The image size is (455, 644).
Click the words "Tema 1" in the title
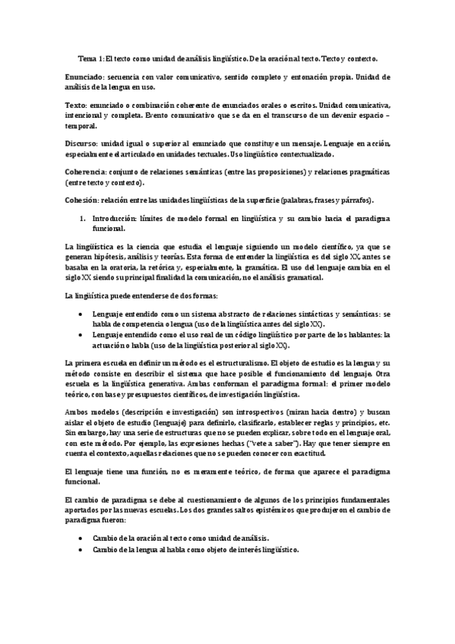pos(90,58)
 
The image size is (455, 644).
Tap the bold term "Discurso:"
pos(81,143)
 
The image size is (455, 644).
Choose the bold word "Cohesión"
pos(83,200)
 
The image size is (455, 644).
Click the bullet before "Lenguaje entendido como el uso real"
pos(81,333)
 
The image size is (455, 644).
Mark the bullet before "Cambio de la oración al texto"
pos(81,537)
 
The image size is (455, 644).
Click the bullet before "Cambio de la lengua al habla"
pos(81,549)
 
